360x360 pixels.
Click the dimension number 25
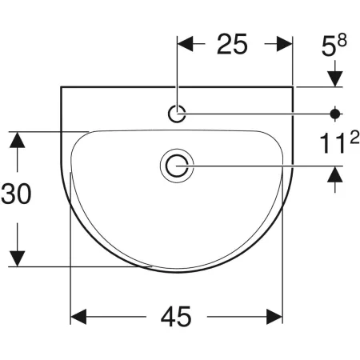coord(232,44)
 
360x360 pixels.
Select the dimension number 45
coord(176,317)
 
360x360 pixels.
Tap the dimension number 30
coord(16,194)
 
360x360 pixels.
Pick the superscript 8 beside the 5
coord(342,40)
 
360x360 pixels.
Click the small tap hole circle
coord(177,114)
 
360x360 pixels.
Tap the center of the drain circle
coord(177,166)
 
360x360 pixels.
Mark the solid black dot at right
coord(335,114)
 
